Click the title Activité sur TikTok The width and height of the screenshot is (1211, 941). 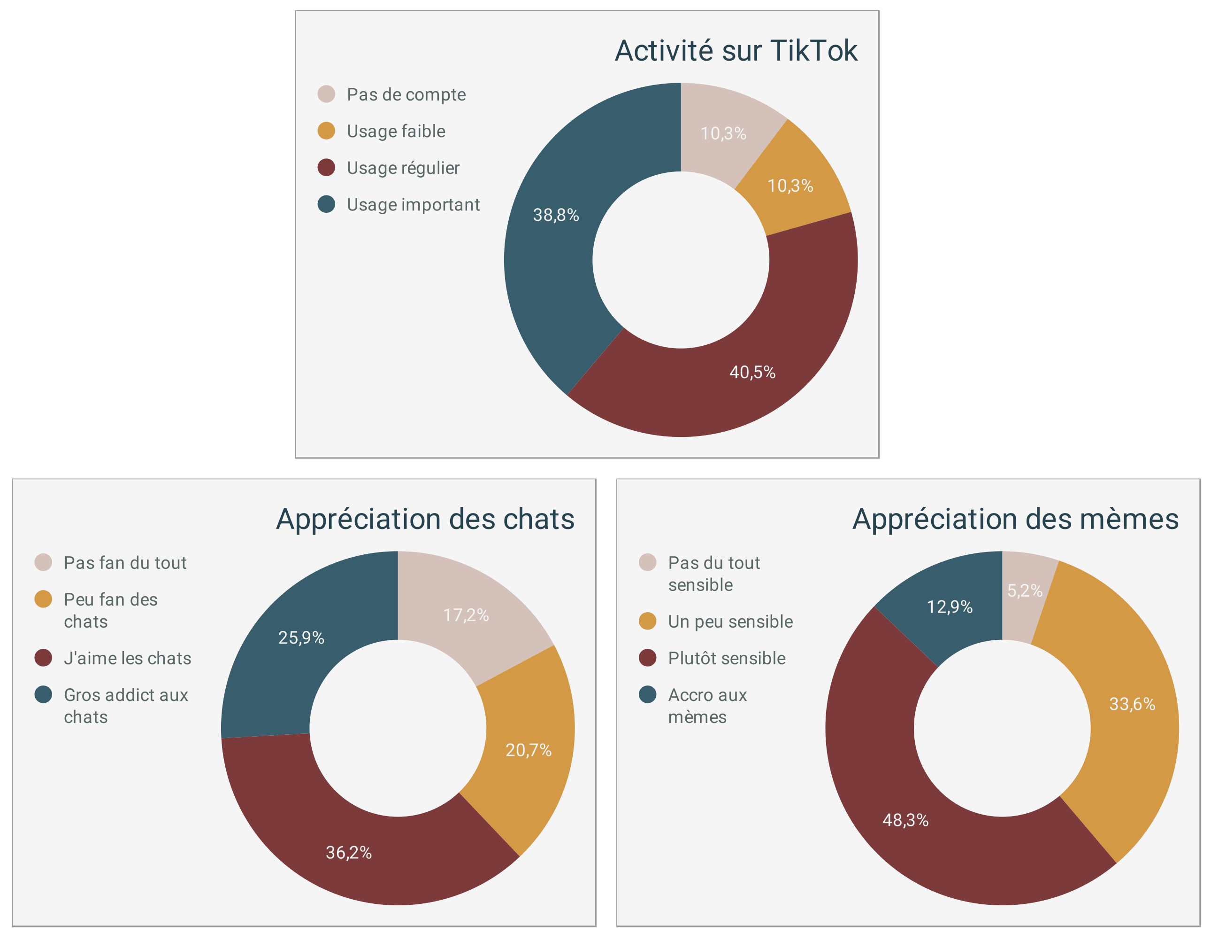(736, 51)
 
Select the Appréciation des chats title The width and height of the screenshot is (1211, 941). (425, 519)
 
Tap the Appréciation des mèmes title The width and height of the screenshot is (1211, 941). (1015, 519)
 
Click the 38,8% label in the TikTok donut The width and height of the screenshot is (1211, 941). (556, 215)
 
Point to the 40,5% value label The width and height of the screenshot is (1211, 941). (752, 372)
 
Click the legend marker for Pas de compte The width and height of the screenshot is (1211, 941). (326, 94)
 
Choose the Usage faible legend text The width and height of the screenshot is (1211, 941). (396, 132)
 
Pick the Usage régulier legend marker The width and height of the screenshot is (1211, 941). (326, 168)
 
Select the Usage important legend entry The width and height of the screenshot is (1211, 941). (413, 205)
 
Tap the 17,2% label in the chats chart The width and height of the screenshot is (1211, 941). (466, 615)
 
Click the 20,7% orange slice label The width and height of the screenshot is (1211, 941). (529, 751)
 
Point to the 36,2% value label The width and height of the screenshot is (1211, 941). (348, 853)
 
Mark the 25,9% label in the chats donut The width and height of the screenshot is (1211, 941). (301, 638)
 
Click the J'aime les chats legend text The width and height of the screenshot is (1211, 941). (128, 659)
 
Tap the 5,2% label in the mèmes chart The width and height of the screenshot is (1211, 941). (1025, 591)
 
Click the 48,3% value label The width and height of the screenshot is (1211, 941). (905, 820)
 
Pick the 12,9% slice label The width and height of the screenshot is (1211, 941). (950, 607)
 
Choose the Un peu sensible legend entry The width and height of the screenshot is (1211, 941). (730, 622)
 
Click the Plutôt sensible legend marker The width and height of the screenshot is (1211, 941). (648, 658)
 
